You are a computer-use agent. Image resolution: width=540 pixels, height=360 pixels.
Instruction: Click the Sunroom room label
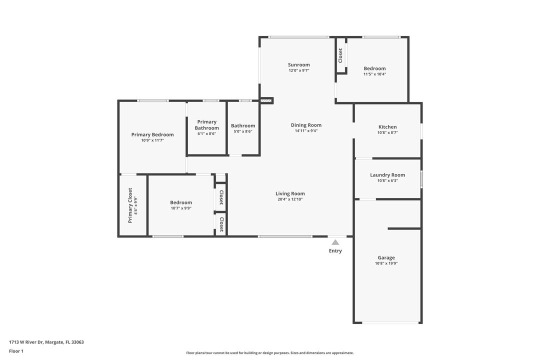tap(299, 65)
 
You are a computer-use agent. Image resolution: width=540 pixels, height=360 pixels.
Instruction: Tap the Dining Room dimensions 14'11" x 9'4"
tap(306, 131)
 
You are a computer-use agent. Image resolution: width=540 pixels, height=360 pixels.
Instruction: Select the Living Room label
tap(290, 193)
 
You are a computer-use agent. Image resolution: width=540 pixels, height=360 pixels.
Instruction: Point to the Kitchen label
tap(387, 127)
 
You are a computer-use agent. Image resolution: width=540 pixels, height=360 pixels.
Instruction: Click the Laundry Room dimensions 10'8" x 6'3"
tap(387, 180)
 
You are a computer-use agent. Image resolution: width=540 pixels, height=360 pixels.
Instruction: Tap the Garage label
tap(386, 257)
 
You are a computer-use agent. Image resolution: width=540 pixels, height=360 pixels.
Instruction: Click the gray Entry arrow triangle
tap(335, 242)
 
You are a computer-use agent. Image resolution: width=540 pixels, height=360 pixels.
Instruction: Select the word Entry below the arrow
tap(335, 251)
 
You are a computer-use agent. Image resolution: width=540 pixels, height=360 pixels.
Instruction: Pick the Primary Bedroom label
tap(152, 134)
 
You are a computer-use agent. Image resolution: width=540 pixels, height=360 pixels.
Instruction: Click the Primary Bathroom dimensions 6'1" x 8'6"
tap(206, 133)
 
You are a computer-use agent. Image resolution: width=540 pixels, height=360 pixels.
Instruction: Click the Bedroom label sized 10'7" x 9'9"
tap(181, 202)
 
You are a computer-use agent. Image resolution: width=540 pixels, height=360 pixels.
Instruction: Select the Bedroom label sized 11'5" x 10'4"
tap(374, 68)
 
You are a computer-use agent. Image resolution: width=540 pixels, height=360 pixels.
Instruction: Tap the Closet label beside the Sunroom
tap(340, 55)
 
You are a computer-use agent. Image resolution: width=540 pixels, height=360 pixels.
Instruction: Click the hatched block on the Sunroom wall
tap(266, 100)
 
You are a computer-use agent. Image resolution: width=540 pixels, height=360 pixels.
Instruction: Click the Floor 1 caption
tap(16, 351)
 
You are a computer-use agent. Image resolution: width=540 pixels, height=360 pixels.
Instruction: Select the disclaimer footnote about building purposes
tap(269, 353)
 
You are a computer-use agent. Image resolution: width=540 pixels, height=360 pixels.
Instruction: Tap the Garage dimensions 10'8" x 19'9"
tap(386, 263)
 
